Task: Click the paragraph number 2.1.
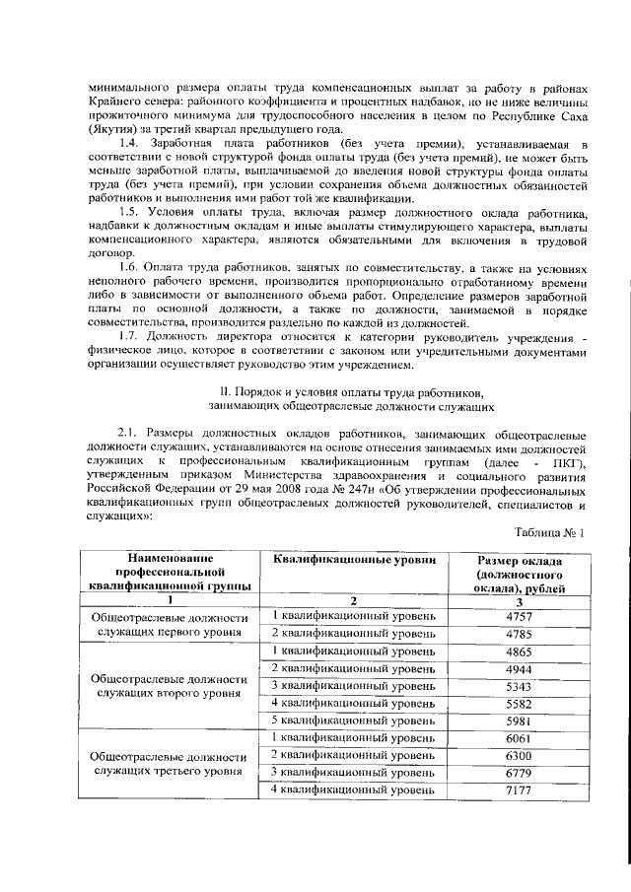pos(131,435)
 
